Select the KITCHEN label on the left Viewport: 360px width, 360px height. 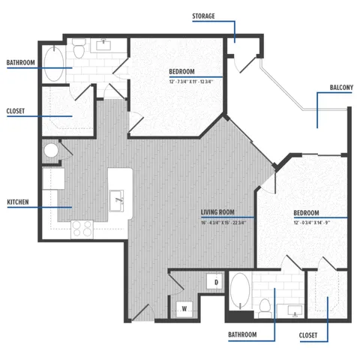19,203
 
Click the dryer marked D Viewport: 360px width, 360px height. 216,283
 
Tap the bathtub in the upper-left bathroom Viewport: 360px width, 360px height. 55,64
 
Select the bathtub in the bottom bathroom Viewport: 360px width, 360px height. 239,293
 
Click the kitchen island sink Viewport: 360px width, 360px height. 118,199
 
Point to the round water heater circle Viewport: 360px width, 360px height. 52,151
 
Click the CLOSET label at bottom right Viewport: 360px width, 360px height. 308,334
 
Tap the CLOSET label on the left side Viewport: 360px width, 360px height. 16,111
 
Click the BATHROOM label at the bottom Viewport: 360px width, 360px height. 243,334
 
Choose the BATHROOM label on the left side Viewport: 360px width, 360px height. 20,63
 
